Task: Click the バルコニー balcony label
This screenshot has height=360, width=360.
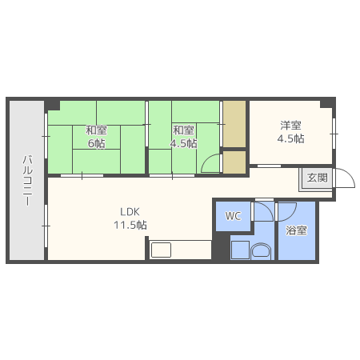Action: coord(27,181)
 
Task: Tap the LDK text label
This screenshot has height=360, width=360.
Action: coord(130,212)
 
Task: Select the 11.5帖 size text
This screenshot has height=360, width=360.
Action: coord(130,226)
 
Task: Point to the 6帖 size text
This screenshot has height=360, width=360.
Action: coord(96,144)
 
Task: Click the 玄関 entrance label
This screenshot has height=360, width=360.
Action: coord(317,178)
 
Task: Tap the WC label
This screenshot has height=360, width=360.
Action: coord(234,216)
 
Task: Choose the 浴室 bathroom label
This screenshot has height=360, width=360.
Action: coord(296,230)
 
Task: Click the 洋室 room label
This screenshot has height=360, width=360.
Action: coord(290,125)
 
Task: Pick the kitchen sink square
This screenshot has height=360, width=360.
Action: coord(161,250)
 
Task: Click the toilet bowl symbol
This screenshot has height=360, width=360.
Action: coord(261,251)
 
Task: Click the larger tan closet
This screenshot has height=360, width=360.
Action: coord(234,124)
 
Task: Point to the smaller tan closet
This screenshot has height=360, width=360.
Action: coord(234,162)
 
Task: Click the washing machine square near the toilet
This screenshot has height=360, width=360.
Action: coord(241,250)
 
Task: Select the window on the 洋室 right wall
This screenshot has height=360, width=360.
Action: coord(334,134)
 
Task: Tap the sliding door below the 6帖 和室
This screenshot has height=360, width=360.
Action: coord(82,175)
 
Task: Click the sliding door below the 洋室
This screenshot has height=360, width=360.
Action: coord(269,166)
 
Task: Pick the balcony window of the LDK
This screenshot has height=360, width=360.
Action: coord(46,226)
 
